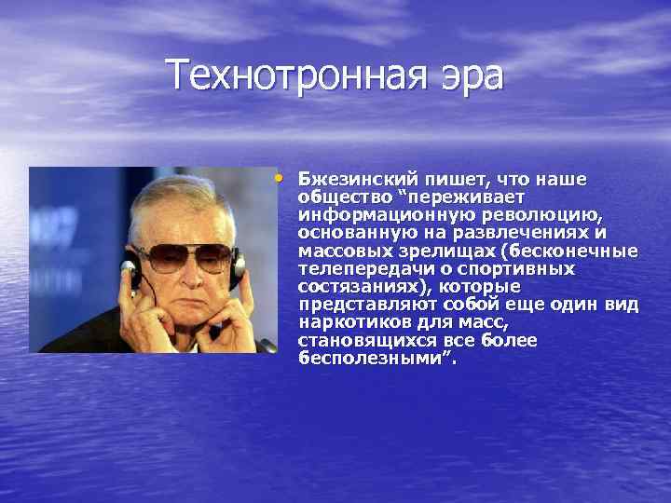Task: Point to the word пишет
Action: (x=457, y=179)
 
